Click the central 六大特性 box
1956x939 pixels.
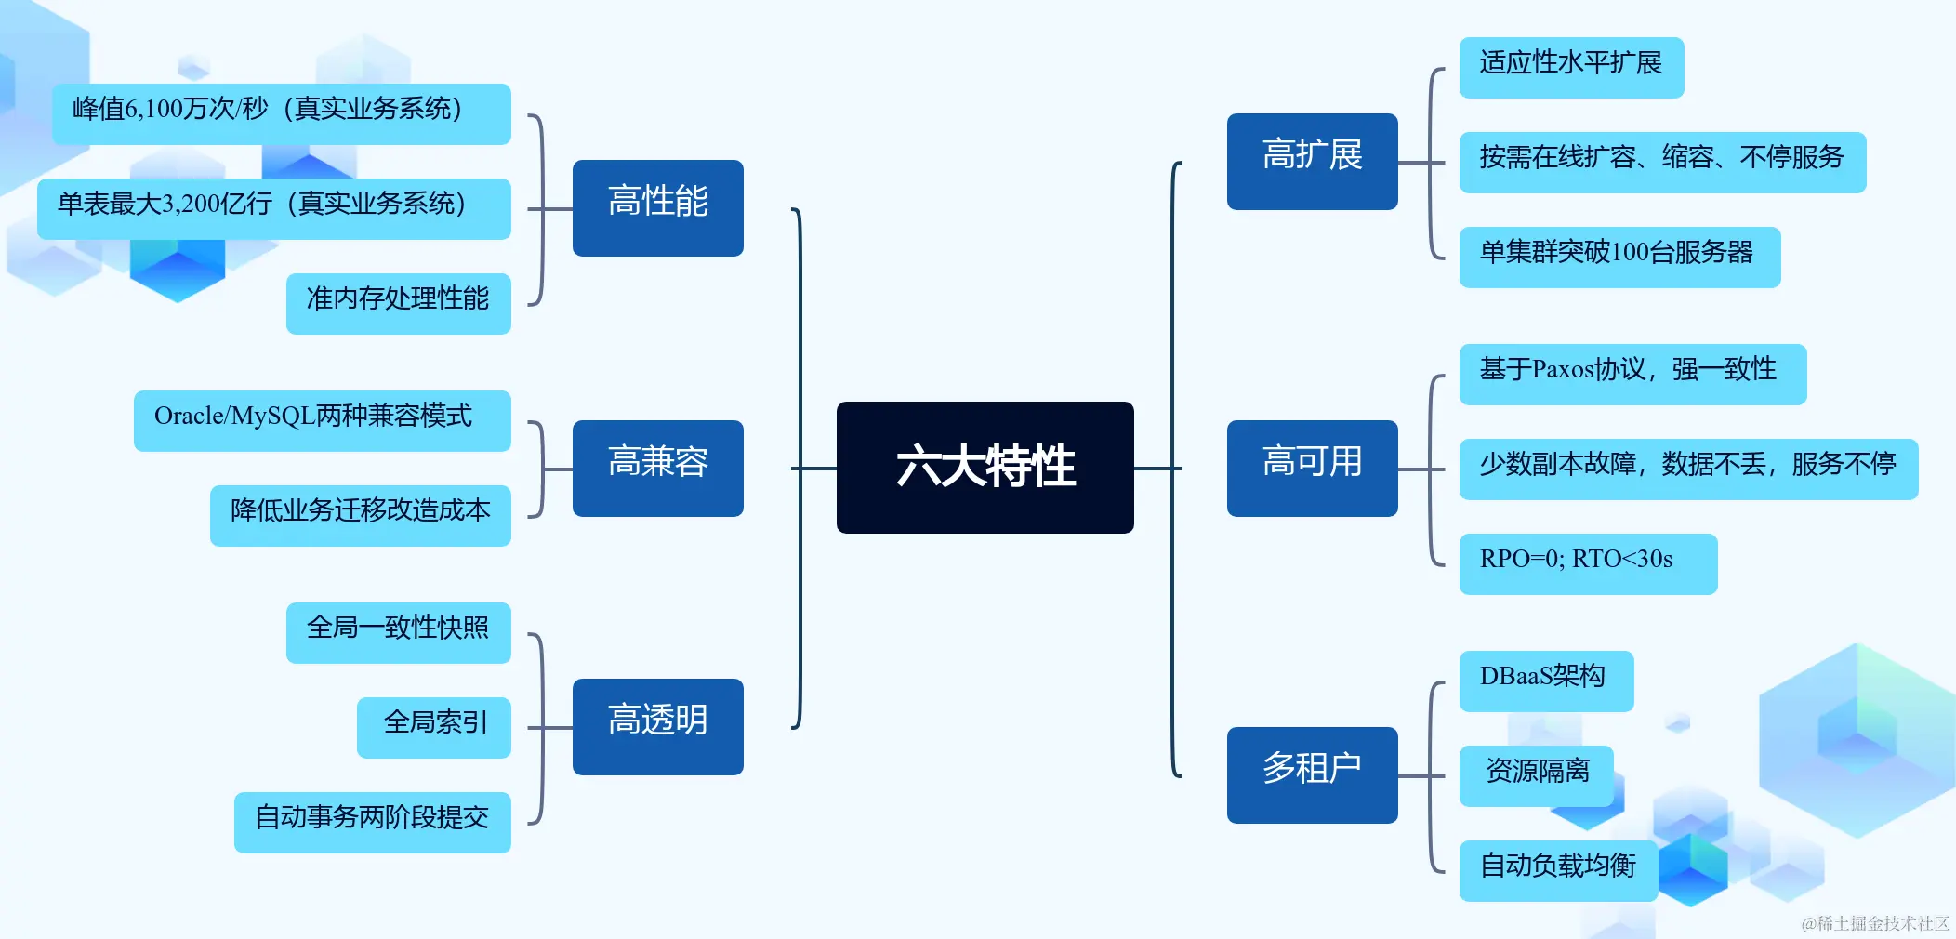pyautogui.click(x=985, y=467)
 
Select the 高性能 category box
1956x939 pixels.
pyautogui.click(x=657, y=207)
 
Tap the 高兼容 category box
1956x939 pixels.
pyautogui.click(x=657, y=468)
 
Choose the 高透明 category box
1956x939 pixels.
pyautogui.click(x=657, y=726)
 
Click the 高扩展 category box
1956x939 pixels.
pyautogui.click(x=1312, y=161)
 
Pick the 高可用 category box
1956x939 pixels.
pyautogui.click(x=1312, y=468)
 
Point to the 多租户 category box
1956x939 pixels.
pyautogui.click(x=1312, y=774)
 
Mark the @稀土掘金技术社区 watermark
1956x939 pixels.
pyautogui.click(x=1874, y=923)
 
